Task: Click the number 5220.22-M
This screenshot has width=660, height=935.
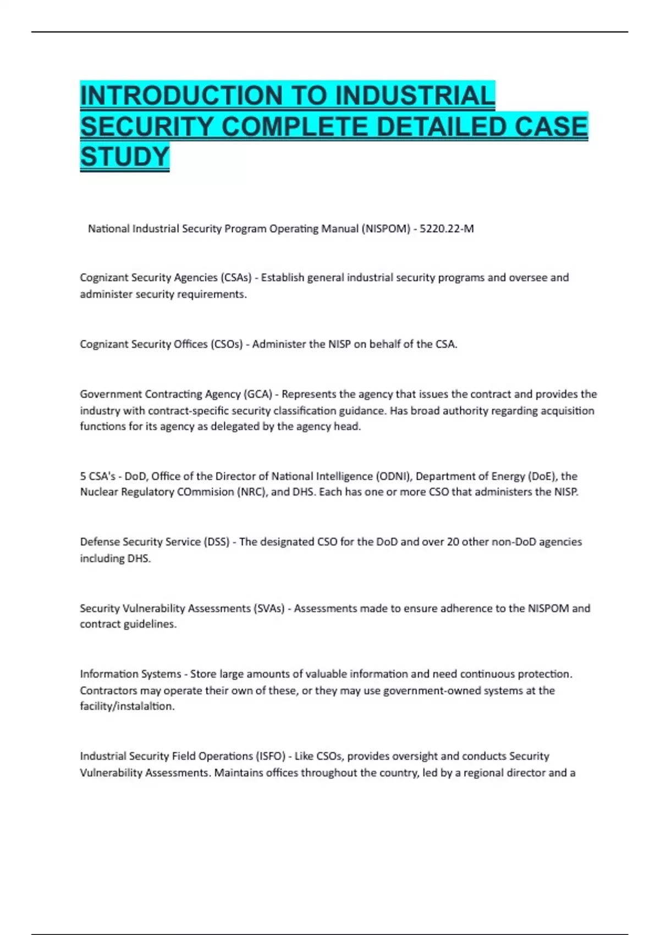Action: click(446, 229)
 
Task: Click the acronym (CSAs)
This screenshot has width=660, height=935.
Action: click(235, 278)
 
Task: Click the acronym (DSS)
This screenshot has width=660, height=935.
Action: click(216, 542)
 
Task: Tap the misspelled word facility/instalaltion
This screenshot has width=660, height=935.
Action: click(127, 706)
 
